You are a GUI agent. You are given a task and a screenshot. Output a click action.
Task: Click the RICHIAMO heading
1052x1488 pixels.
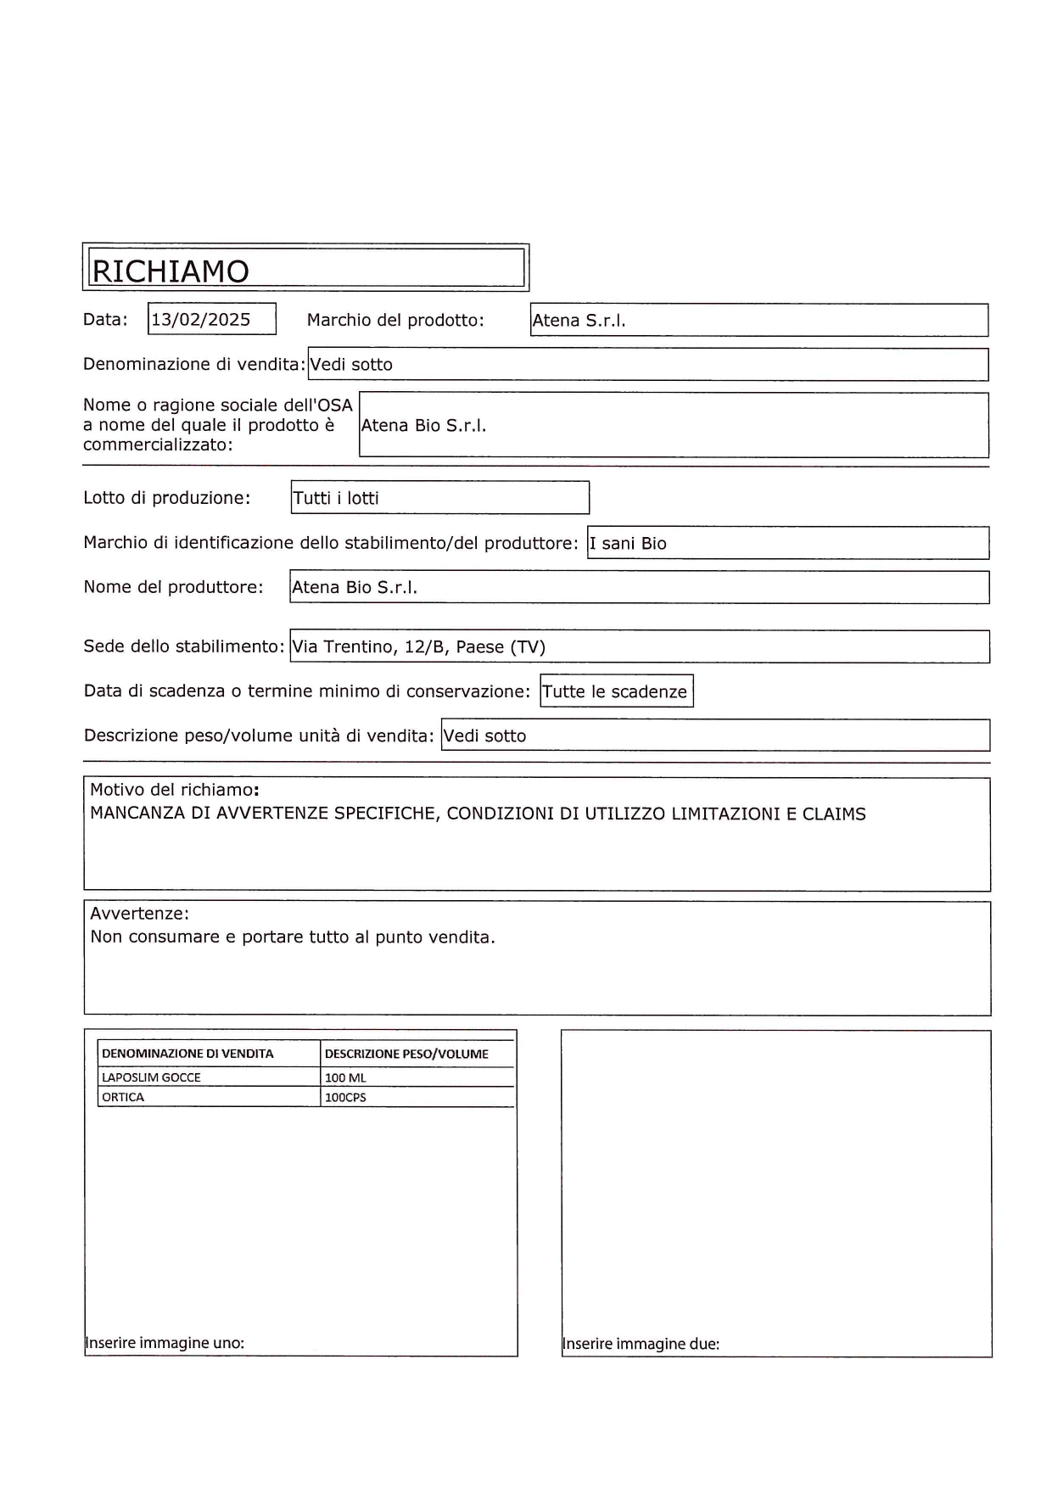point(171,271)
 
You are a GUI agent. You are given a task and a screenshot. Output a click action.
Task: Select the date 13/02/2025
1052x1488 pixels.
point(201,320)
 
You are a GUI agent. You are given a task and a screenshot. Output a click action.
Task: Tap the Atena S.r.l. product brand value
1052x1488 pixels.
point(579,321)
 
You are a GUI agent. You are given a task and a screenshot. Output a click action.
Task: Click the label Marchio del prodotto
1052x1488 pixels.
point(395,321)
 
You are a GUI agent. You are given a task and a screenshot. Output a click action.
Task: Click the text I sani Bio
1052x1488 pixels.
point(628,544)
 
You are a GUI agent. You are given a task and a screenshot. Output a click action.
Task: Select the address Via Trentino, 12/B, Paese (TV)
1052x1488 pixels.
point(418,647)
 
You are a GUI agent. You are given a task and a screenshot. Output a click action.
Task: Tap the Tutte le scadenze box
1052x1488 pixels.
point(615,691)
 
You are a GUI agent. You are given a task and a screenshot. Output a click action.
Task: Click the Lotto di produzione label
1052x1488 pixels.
point(166,498)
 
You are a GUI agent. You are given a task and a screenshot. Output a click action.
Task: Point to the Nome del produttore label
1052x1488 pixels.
point(173,587)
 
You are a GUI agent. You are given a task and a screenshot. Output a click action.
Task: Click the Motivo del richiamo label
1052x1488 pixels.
point(174,790)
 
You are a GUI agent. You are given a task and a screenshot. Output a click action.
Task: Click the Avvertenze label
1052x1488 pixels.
point(139,914)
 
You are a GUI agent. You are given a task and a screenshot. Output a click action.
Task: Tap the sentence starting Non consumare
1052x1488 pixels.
point(292,937)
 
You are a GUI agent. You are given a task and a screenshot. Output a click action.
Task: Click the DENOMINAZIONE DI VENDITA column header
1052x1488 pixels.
point(187,1054)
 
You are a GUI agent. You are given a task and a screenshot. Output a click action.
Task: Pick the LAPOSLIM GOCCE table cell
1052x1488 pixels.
point(151,1077)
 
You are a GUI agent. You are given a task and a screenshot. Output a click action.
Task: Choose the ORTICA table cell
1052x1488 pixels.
point(123,1097)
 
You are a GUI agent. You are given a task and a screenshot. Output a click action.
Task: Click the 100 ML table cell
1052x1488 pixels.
point(345,1078)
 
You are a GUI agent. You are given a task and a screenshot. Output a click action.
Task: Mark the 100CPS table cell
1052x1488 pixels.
point(345,1098)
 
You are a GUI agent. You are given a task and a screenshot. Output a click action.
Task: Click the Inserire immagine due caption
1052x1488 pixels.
point(641,1344)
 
